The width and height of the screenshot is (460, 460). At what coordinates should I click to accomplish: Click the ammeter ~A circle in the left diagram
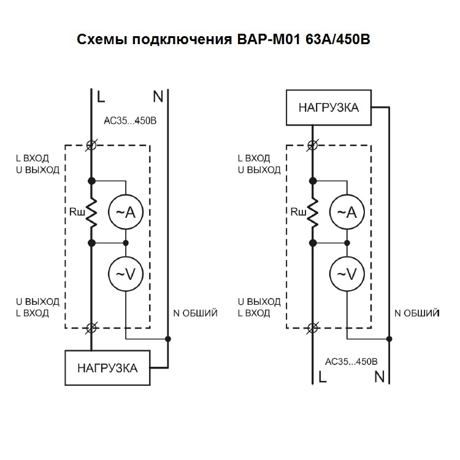[126, 212]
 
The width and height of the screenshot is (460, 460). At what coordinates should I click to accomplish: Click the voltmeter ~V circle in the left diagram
[126, 274]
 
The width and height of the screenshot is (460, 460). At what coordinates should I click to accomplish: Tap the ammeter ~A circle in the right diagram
[347, 212]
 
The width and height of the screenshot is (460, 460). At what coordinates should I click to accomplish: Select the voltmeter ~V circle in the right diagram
[347, 274]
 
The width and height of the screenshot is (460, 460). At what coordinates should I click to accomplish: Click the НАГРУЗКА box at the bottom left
[107, 368]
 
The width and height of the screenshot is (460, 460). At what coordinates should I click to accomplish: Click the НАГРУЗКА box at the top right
[329, 108]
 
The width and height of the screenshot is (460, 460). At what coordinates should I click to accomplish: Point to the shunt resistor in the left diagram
[92, 212]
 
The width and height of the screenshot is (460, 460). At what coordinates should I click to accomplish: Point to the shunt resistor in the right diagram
[313, 212]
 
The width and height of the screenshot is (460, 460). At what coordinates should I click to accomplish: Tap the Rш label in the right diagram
[298, 213]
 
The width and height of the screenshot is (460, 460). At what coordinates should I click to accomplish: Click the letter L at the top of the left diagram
[101, 96]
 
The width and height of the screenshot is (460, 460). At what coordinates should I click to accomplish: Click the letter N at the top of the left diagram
[158, 96]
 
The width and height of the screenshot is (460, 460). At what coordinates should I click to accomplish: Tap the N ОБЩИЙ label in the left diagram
[196, 313]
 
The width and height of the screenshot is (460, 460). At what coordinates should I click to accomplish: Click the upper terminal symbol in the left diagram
[92, 145]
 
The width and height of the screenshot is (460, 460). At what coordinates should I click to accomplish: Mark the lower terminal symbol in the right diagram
[313, 328]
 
